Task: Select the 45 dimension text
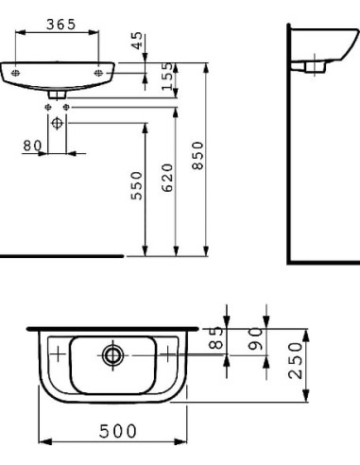point(138,43)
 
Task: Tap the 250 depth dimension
point(295,360)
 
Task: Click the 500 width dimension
point(112,431)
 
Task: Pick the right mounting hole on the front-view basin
point(98,69)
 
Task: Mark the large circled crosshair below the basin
point(58,123)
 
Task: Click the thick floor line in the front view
point(61,255)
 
